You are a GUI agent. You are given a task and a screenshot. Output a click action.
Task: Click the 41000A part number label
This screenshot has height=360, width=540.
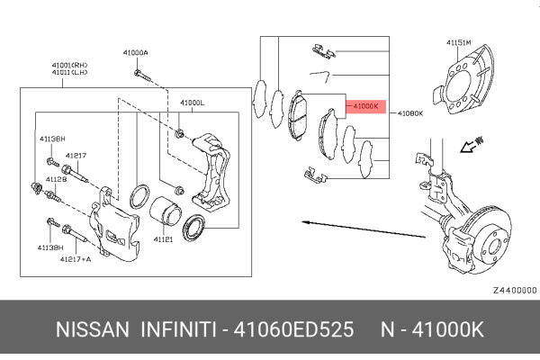click(136, 53)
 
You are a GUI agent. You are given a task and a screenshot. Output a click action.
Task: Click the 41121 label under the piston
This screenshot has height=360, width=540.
click(163, 239)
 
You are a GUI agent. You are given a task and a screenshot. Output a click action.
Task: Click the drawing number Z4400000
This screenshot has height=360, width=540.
click(514, 291)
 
